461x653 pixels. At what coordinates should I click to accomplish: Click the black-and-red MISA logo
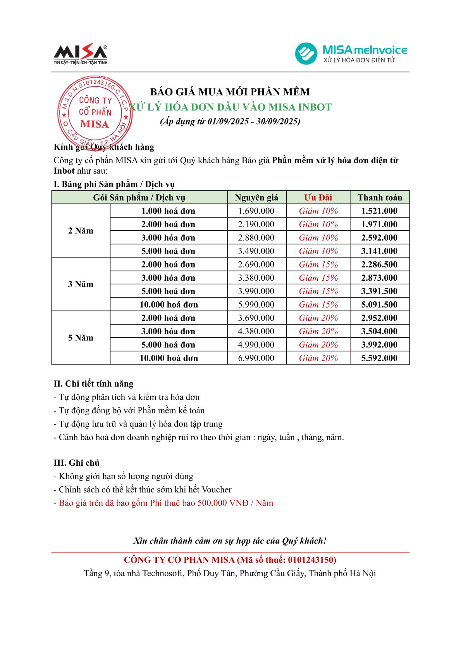point(80,54)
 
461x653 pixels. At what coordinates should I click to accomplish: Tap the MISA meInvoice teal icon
point(306,54)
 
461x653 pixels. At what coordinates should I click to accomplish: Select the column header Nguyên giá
point(256,198)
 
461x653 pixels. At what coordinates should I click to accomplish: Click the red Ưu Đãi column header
point(318,198)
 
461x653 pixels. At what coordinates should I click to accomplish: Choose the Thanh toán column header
point(380,198)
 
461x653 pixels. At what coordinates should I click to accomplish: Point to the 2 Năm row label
point(81,231)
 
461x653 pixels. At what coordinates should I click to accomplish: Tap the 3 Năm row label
point(81,284)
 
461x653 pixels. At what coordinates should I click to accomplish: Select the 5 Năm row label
point(81,338)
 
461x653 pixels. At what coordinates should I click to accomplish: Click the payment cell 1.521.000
point(379,211)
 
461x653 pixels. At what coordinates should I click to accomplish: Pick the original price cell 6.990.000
point(256,358)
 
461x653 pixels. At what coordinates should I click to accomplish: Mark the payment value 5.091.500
point(379,304)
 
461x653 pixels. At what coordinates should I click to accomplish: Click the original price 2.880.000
point(256,238)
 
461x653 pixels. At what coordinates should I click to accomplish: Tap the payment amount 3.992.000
point(379,345)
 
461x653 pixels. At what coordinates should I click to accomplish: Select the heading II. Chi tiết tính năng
point(93,384)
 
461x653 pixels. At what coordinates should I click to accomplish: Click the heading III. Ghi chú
point(77,463)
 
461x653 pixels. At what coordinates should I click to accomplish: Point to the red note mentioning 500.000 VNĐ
point(163,503)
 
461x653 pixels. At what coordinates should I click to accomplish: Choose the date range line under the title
point(230,121)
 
